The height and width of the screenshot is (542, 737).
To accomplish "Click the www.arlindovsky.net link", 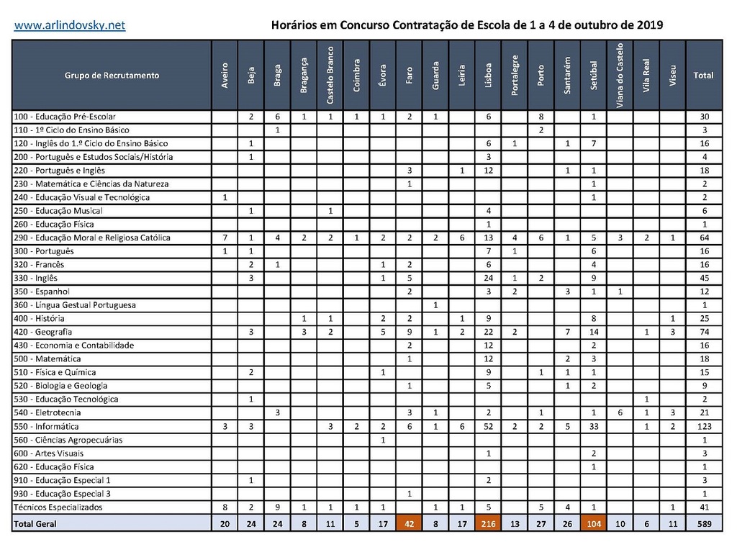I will tap(70, 25).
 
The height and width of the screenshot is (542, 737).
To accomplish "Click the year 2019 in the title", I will tap(650, 25).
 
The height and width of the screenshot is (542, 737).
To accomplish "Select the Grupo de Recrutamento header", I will tap(112, 75).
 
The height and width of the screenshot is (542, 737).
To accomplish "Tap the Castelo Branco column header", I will tap(330, 75).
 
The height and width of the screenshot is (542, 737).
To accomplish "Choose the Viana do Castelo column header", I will tap(620, 75).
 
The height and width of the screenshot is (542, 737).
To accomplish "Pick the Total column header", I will tap(703, 75).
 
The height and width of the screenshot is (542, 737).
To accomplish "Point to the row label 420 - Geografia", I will tap(43, 332).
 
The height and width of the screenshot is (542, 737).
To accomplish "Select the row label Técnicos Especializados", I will tap(58, 507).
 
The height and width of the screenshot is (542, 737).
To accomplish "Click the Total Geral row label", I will tap(35, 524).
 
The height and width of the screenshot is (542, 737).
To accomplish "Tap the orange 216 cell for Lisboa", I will tap(489, 524).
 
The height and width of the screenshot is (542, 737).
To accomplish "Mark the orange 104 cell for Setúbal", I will tap(594, 524).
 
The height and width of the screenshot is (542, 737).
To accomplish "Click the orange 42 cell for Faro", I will tap(410, 524).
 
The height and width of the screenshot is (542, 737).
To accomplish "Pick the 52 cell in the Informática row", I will tap(489, 426).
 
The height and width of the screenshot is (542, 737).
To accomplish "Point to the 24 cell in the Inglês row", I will tap(489, 278).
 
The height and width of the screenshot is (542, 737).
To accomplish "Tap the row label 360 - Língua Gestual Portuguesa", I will tap(75, 305).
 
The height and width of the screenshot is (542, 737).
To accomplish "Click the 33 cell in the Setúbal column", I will tap(594, 426).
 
